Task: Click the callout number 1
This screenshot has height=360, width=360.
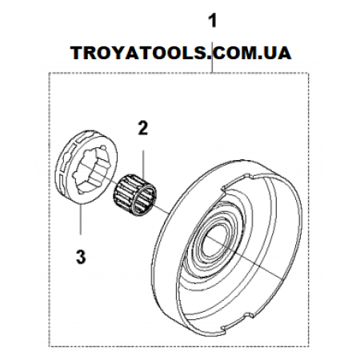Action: [213, 21]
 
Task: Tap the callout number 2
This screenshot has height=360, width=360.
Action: [143, 128]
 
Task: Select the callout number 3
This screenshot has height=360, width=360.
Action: [81, 257]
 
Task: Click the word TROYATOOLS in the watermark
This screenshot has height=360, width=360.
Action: [139, 53]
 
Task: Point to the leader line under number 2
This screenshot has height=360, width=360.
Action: [143, 165]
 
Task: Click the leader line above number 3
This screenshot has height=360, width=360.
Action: [81, 219]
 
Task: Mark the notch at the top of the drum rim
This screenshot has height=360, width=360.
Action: [250, 176]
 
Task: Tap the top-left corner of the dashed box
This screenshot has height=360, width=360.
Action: [49, 72]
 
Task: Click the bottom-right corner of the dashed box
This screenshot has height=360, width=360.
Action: [309, 346]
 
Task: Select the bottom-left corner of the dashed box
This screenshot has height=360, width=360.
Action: [49, 346]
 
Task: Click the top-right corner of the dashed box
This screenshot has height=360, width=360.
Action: [309, 72]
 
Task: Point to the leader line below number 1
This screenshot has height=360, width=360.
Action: [212, 57]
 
